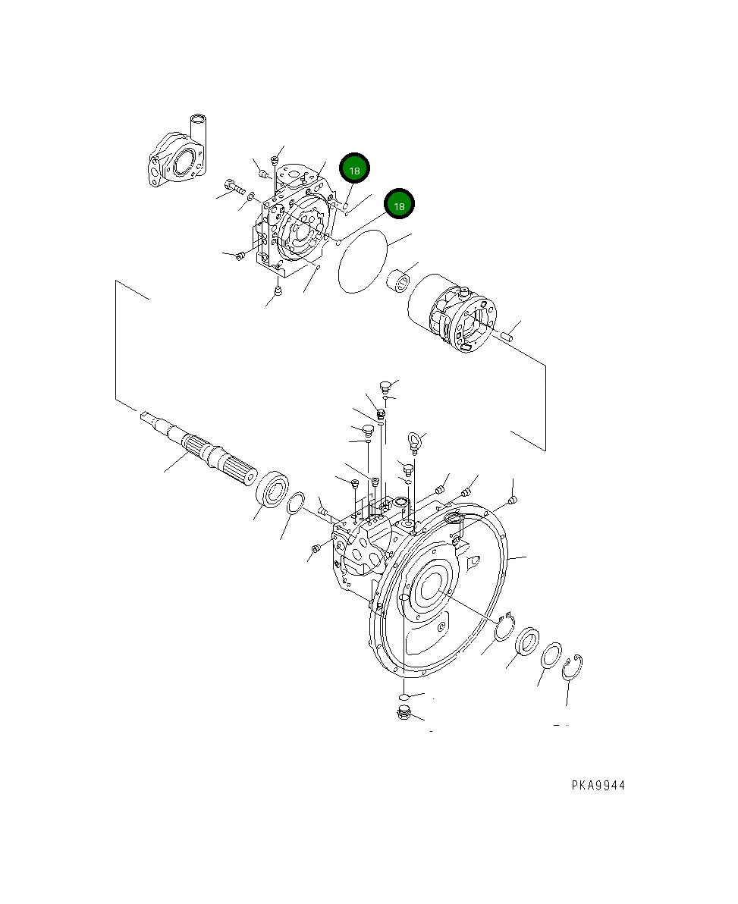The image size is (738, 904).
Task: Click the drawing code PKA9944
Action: tap(598, 786)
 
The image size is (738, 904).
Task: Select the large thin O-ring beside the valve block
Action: tap(363, 262)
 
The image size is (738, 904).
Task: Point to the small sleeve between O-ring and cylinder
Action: tap(400, 283)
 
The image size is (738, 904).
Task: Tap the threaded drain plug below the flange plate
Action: tap(404, 712)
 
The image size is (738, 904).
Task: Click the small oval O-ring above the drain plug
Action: tap(404, 695)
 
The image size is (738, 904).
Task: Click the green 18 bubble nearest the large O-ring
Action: tap(399, 205)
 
